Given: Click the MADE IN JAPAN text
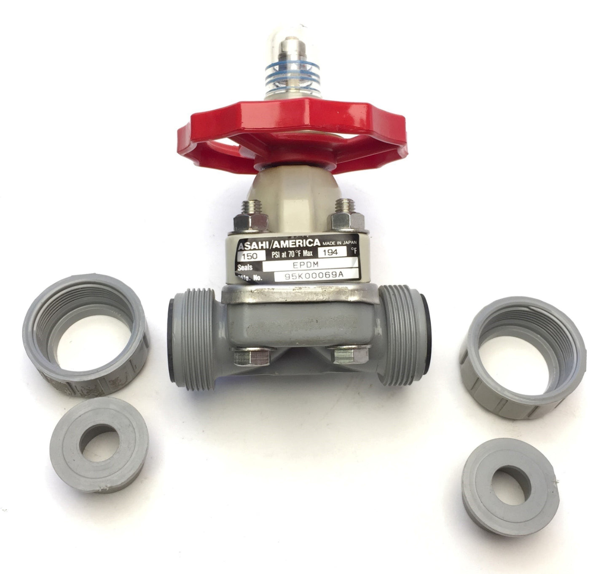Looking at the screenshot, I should [339, 243].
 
